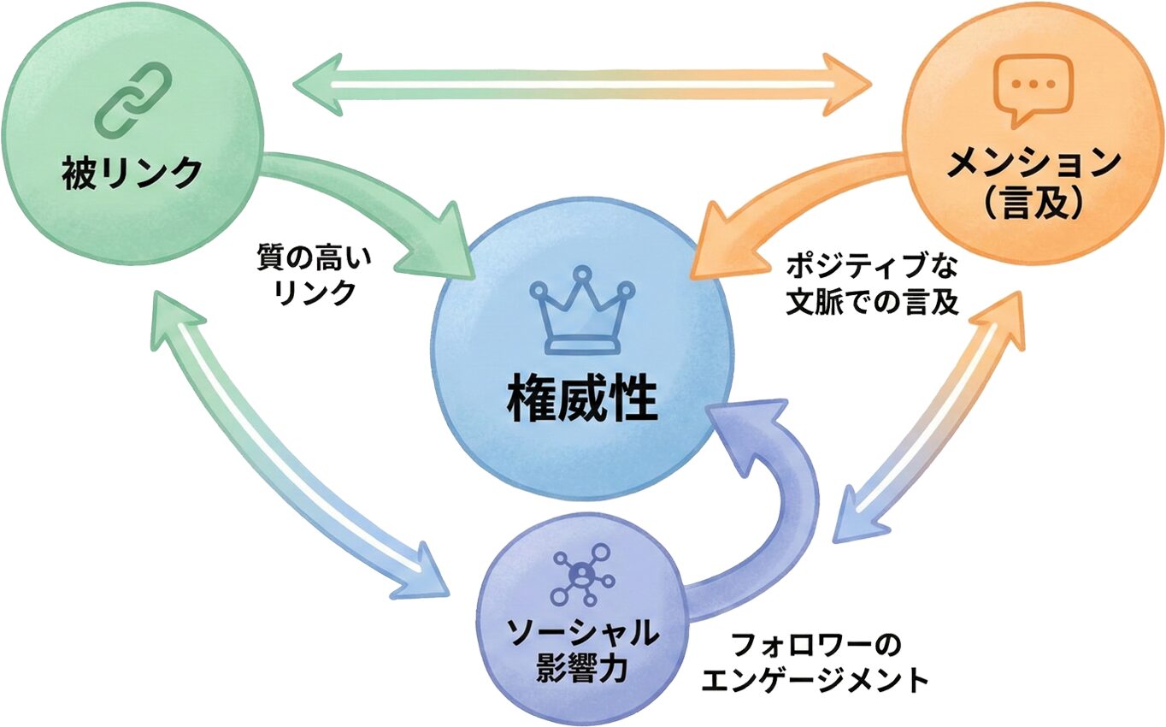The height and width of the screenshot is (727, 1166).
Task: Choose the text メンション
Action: click(1033, 163)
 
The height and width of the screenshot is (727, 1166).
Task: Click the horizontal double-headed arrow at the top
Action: click(581, 84)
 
